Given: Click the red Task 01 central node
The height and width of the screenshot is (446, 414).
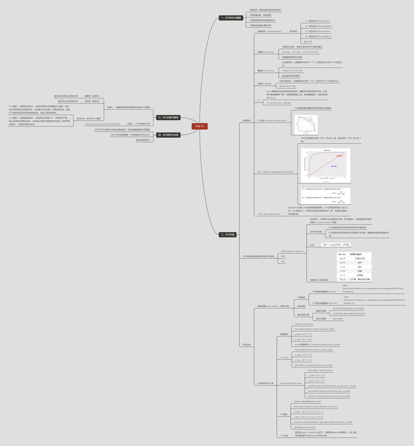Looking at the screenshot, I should pyautogui.click(x=199, y=126).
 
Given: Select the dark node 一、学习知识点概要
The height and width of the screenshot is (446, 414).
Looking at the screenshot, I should pyautogui.click(x=232, y=18).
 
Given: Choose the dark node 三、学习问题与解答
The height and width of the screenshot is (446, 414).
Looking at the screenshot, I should pyautogui.click(x=168, y=117).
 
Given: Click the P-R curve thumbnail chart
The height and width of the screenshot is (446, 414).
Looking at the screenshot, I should pyautogui.click(x=305, y=125).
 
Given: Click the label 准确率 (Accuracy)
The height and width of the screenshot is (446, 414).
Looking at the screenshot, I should pyautogui.click(x=265, y=52).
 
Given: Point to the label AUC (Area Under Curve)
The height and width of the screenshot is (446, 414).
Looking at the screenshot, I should pyautogui.click(x=269, y=214).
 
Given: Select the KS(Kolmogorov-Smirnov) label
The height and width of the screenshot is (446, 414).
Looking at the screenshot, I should pyautogui.click(x=292, y=251).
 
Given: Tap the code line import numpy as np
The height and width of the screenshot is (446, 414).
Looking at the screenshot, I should pyautogui.click(x=304, y=324).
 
